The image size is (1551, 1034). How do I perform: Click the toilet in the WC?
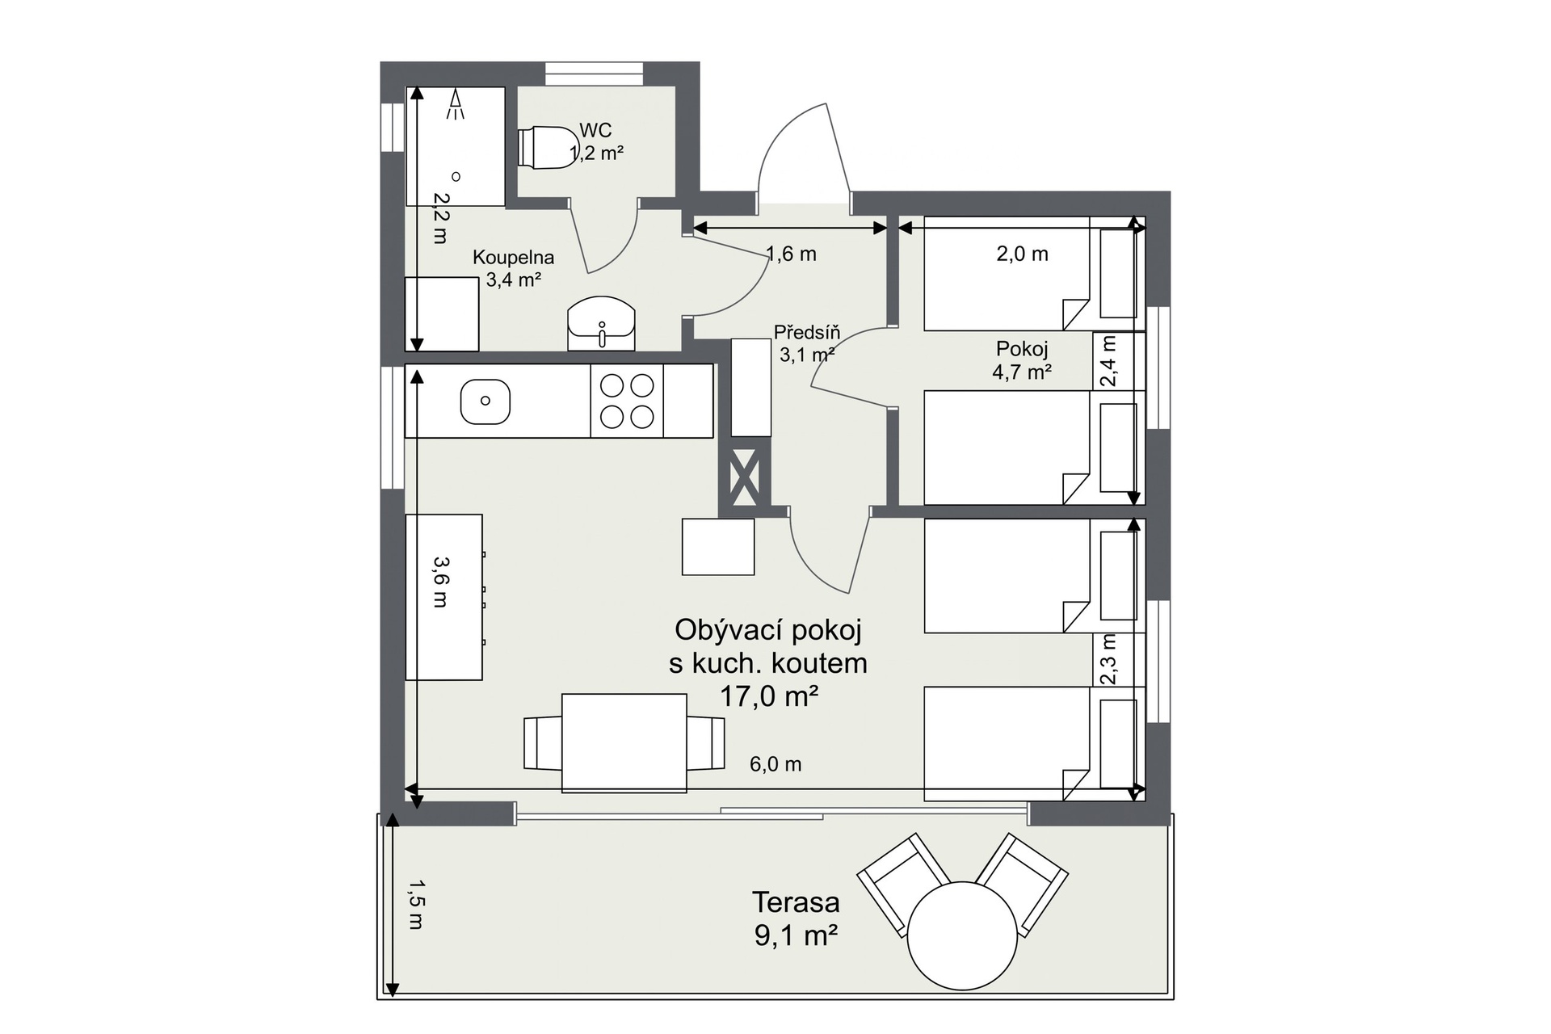[544, 148]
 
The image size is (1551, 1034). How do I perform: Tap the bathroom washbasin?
[601, 324]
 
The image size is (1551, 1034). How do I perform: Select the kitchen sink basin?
[485, 401]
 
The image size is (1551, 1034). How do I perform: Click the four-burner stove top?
[627, 401]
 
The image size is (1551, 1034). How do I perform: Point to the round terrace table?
[962, 935]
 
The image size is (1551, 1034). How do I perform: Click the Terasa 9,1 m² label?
[796, 918]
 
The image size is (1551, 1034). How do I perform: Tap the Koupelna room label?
[513, 258]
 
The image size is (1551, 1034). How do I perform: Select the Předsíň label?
[807, 332]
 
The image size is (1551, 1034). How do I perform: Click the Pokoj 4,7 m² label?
[1022, 360]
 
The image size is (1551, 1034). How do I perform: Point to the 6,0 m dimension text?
[775, 764]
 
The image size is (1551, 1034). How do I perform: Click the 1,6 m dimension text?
[792, 254]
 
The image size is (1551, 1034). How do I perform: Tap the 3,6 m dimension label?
[440, 582]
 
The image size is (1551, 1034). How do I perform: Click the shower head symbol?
[456, 104]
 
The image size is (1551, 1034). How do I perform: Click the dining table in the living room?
[624, 742]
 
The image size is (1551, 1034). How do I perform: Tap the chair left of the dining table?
[542, 743]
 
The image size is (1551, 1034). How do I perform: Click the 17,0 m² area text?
[769, 696]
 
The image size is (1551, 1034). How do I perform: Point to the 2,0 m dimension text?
[1022, 254]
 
